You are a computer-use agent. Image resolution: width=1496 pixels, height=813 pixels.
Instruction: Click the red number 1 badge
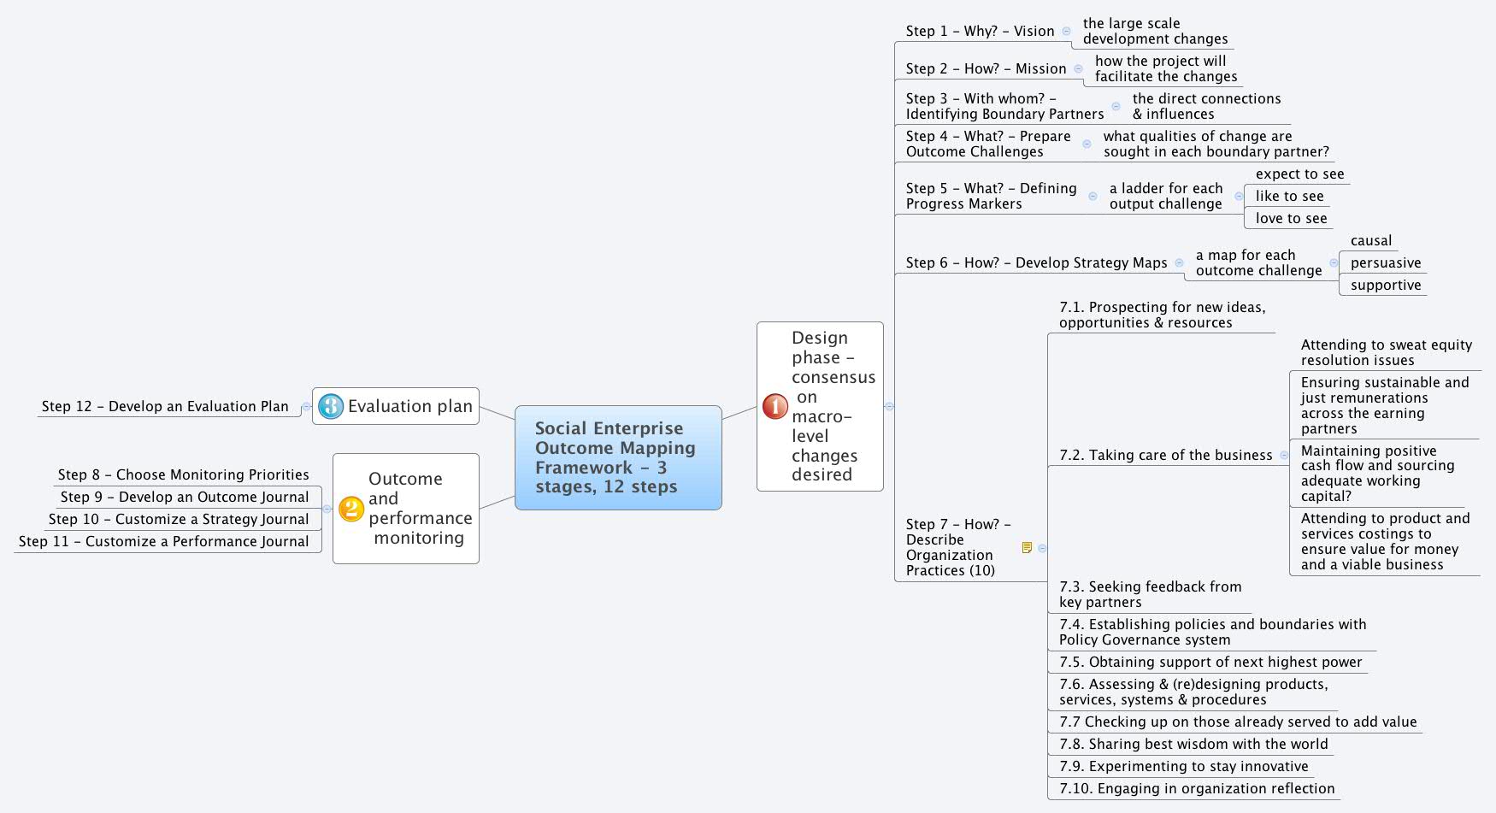[775, 406]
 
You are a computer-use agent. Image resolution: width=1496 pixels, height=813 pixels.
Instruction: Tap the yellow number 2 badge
[351, 509]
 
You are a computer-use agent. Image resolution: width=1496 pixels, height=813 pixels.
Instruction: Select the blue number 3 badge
[330, 406]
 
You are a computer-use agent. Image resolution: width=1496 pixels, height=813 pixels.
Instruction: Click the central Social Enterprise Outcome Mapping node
[617, 457]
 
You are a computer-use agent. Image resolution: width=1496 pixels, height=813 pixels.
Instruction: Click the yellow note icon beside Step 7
[1027, 547]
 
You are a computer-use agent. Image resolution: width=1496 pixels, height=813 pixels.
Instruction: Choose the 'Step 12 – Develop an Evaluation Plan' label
[165, 407]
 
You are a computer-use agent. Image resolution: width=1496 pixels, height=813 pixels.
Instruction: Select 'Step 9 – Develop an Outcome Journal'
[185, 497]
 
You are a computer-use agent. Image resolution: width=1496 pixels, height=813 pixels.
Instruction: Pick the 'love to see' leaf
[1291, 219]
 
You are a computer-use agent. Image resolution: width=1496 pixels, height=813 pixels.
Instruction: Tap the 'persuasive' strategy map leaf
[1385, 263]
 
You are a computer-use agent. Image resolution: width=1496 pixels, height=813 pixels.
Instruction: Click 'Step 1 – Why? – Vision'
[980, 32]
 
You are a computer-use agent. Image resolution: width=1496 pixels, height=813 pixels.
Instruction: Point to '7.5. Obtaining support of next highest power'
[1210, 663]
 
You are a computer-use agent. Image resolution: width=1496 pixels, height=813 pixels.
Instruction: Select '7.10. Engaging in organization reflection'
[1196, 789]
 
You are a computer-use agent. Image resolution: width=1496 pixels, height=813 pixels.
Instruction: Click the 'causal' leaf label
[1371, 241]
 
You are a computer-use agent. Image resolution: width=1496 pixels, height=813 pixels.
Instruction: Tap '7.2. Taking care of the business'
[1165, 456]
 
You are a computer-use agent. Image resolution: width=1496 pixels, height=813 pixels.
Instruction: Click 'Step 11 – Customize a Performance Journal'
[163, 541]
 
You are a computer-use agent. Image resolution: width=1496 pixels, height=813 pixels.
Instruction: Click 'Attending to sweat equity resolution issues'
[1385, 352]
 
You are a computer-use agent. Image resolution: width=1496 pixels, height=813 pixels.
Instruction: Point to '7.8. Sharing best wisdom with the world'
[1193, 745]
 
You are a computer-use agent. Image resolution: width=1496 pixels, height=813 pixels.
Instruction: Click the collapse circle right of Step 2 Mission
[1078, 69]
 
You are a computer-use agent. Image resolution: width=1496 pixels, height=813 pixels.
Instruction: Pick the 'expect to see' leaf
[1299, 174]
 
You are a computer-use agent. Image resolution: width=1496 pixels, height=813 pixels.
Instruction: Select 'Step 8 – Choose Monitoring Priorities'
[183, 474]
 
